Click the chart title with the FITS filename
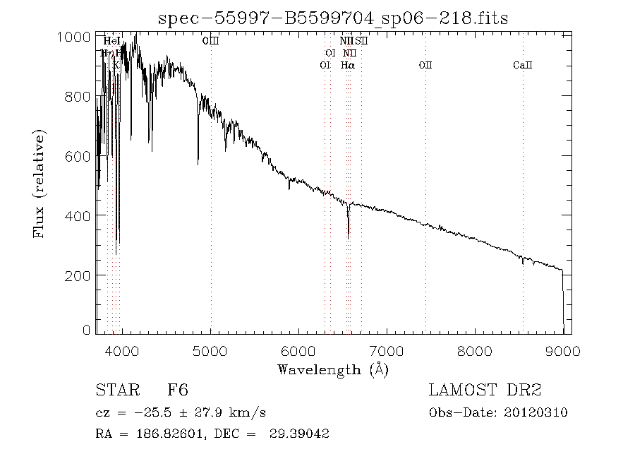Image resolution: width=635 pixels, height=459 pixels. click(332, 18)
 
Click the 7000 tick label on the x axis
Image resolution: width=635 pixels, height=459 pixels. click(387, 351)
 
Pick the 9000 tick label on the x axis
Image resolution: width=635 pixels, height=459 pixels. click(562, 351)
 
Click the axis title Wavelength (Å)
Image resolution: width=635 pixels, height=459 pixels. click(332, 369)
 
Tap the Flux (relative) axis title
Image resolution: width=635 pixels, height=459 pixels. click(40, 183)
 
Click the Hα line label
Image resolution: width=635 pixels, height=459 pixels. click(347, 65)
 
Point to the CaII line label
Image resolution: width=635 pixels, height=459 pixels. click(523, 65)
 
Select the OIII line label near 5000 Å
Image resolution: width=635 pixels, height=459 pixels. click(210, 42)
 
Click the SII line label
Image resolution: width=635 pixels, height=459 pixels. click(362, 42)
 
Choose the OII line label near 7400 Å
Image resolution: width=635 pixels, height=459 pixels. click(425, 65)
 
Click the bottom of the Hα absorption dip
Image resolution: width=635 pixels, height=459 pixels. click(348, 237)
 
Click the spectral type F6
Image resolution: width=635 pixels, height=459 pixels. click(178, 390)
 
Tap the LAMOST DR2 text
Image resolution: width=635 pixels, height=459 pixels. click(485, 390)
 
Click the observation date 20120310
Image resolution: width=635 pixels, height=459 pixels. click(536, 412)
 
